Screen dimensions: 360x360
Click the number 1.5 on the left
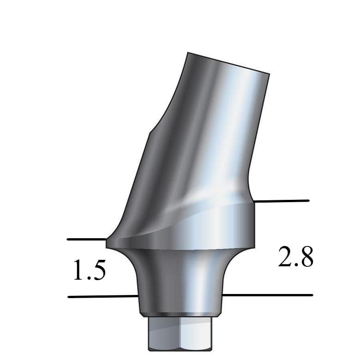pos(89,271)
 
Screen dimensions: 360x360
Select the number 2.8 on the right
pos(296,257)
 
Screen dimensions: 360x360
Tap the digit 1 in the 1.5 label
pos(78,271)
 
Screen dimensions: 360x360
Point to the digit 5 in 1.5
pos(98,271)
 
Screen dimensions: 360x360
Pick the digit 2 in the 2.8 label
pos(285,257)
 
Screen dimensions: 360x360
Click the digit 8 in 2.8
pos(306,257)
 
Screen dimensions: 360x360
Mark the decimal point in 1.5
pos(88,279)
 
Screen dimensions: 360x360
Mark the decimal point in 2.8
pos(295,265)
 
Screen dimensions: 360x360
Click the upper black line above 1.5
pos(87,239)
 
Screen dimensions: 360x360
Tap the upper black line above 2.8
pos(282,201)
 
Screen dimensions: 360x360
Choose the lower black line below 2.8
pos(268,294)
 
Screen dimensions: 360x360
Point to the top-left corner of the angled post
pos(187,53)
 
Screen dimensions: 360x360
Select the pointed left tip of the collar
pos(107,241)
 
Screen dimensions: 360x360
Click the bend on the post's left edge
pos(148,134)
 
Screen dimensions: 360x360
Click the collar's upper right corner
pos(254,202)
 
